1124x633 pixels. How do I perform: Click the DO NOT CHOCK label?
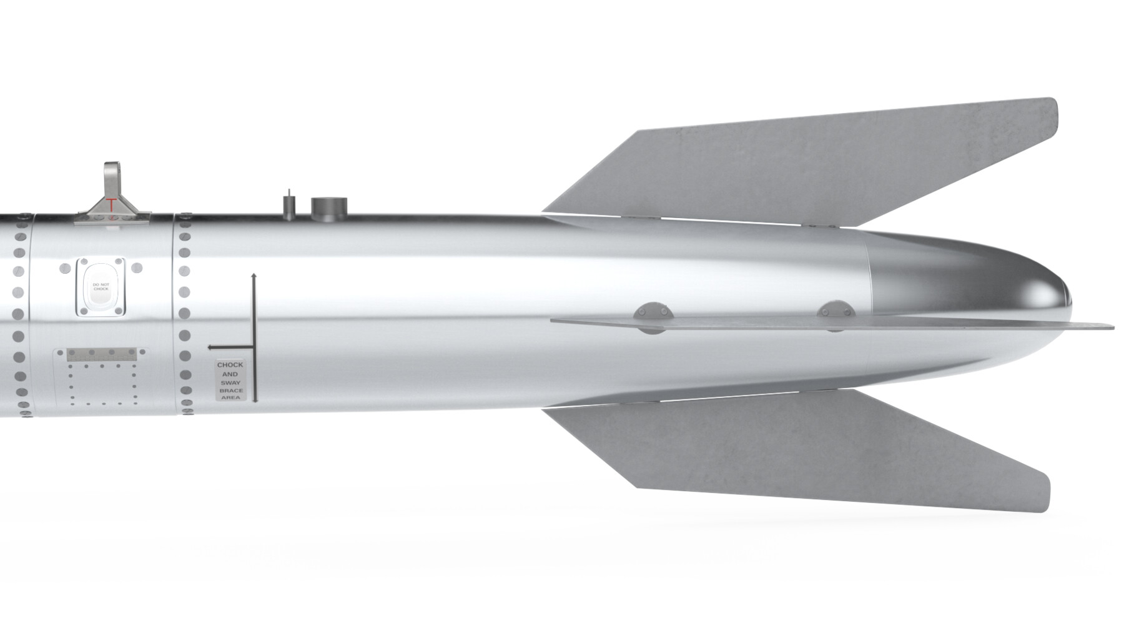101,287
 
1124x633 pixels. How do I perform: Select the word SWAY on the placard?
230,382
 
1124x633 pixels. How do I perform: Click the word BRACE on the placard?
230,391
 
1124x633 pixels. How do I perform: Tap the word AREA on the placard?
230,398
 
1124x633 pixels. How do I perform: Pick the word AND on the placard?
230,374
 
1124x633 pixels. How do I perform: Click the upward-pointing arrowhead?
254,276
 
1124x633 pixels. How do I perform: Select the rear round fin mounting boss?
835,310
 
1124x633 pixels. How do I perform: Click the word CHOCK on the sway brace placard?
230,365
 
